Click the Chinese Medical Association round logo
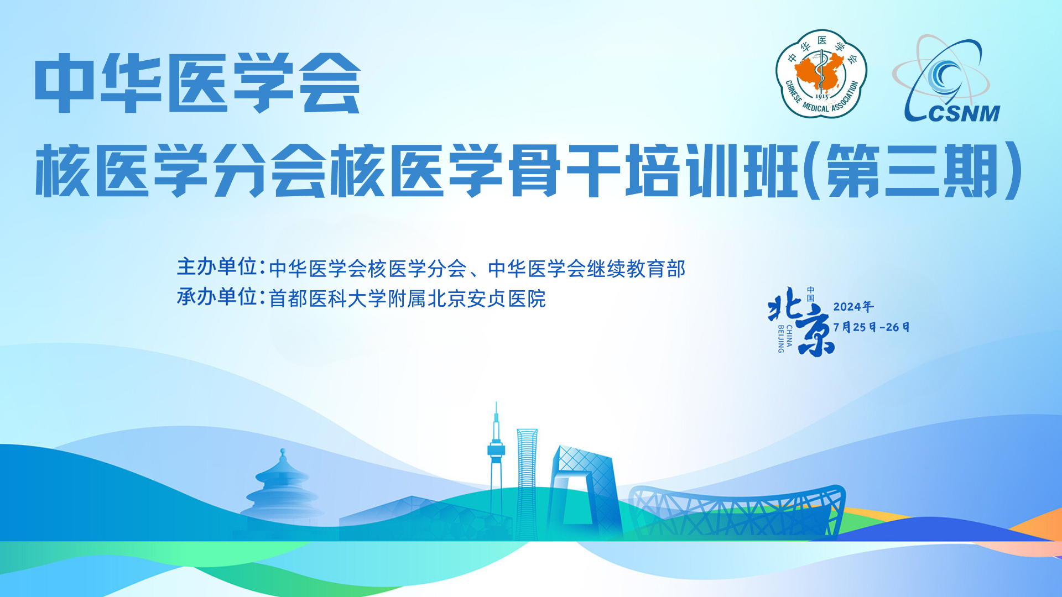(x=821, y=74)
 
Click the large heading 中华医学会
(x=198, y=83)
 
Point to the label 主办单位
(x=216, y=267)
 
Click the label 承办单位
(x=216, y=297)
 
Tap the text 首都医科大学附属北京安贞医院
(x=407, y=299)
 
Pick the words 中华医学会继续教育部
(x=587, y=269)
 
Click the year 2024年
(x=853, y=307)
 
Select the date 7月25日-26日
(x=871, y=327)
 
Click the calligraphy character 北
(x=785, y=304)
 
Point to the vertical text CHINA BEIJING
(x=785, y=338)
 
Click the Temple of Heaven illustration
(x=282, y=486)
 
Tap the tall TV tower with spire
(x=496, y=464)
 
